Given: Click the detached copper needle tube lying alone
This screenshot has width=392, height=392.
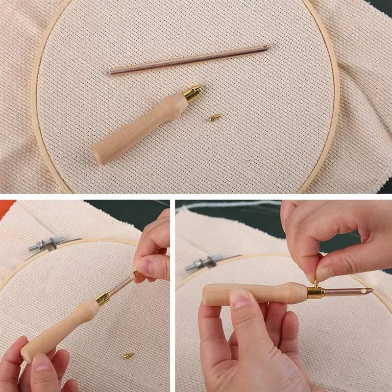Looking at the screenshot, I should pos(191,60).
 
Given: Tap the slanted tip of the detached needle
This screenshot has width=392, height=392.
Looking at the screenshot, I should pos(270,47).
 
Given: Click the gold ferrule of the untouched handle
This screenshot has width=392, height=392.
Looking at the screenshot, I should pos(192,93).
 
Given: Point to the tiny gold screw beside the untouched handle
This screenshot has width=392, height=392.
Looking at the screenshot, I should pos(213,118).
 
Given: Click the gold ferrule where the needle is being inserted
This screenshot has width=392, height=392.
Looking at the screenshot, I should pos(103,298).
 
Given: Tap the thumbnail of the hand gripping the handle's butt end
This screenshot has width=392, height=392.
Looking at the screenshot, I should pos(41,362).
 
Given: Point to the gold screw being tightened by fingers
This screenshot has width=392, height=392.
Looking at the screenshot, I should pos(316,284).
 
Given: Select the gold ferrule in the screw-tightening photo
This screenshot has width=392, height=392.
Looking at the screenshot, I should pos(315,293).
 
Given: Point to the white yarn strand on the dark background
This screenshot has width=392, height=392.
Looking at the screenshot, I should pos(230,204).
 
